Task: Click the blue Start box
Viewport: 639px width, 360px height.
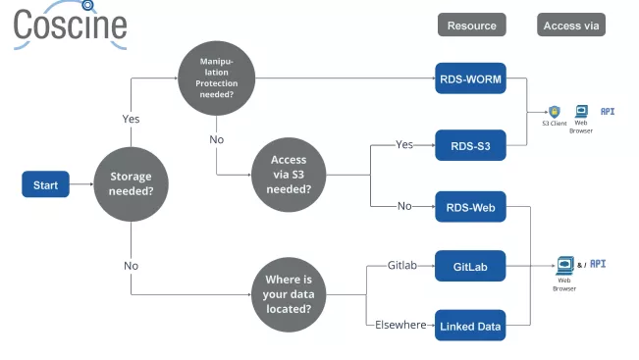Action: [x=45, y=184]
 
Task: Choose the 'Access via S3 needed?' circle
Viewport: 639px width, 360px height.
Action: [x=288, y=174]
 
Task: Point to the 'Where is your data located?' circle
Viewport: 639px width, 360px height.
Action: [x=288, y=295]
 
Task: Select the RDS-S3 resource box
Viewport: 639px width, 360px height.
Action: [x=470, y=147]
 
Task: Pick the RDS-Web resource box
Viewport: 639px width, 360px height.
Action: [x=470, y=207]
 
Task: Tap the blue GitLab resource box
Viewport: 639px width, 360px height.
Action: [x=470, y=266]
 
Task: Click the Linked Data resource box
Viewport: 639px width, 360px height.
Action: [x=470, y=326]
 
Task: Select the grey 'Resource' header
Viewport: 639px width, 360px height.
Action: [x=471, y=26]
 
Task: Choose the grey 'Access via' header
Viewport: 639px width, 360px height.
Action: [x=570, y=26]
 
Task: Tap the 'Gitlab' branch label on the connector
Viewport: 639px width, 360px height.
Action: [x=403, y=266]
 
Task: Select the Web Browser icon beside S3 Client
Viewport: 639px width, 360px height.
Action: [x=581, y=111]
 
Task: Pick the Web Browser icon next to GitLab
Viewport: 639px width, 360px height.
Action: [x=564, y=265]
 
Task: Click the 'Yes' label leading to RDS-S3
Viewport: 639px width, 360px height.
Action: [x=403, y=144]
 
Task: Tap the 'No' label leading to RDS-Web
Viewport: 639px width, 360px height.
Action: [x=403, y=206]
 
